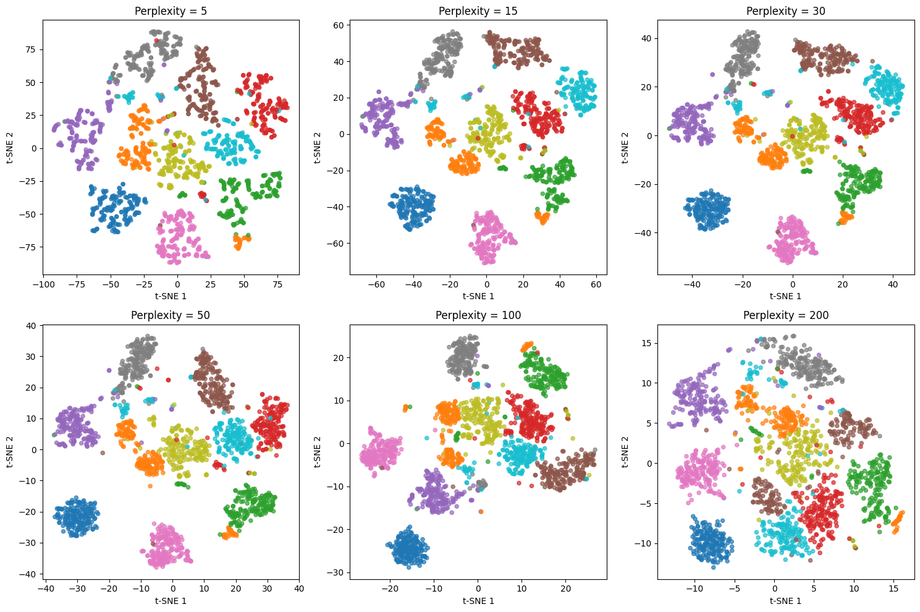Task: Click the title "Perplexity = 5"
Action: click(171, 11)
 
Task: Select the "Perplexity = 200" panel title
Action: click(786, 315)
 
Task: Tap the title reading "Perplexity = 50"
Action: click(171, 315)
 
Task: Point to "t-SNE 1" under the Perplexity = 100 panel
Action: click(478, 600)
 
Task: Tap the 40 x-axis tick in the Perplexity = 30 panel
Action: click(893, 286)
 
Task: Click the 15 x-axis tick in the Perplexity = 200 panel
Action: click(893, 590)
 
